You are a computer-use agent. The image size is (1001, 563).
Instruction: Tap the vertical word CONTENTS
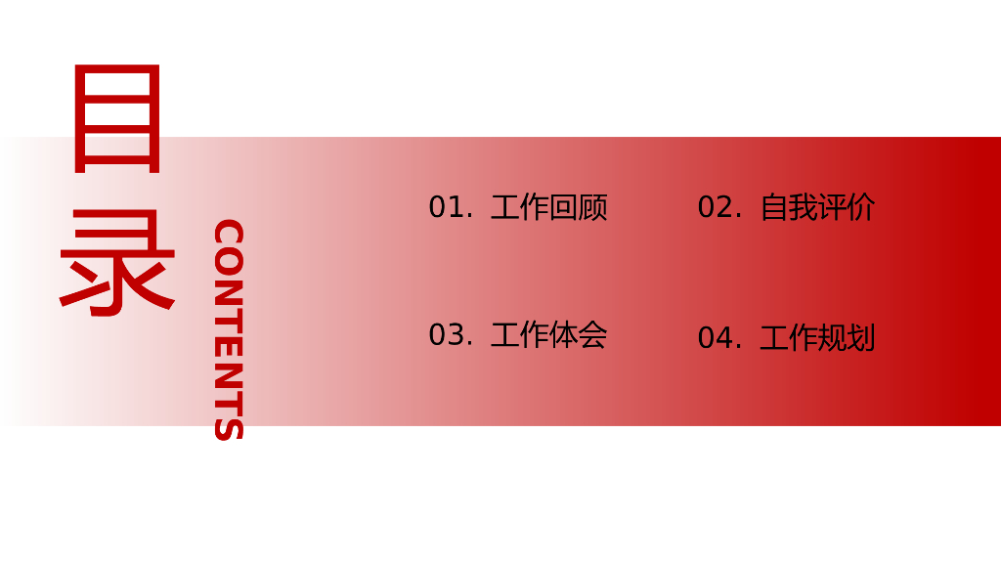pos(228,330)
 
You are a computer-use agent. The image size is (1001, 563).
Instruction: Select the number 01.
pos(450,207)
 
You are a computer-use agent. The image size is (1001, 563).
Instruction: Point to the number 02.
pos(718,207)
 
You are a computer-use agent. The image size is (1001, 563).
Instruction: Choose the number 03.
pos(450,335)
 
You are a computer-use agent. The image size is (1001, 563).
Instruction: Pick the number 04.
pos(718,338)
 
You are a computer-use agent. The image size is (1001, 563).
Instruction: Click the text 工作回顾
pos(548,207)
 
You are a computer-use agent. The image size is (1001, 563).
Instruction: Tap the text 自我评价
pos(817,207)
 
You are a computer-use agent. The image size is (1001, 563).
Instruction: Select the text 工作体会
pos(548,335)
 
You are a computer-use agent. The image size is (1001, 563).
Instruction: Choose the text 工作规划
pos(817,338)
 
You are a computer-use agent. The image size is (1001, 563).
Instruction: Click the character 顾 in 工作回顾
pos(592,207)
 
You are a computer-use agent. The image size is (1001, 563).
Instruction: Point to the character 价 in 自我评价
pos(861,207)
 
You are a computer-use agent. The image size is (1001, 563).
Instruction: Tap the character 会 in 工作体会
pos(592,335)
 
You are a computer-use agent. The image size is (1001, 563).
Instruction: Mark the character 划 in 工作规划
pos(861,338)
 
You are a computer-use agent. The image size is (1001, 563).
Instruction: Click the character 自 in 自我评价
pos(774,207)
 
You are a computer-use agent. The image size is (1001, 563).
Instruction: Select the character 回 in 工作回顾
pos(563,207)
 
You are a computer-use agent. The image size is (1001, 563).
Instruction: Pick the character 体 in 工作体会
pos(563,335)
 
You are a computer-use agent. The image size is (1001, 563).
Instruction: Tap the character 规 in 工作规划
pos(832,338)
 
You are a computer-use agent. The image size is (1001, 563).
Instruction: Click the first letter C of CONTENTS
pos(228,235)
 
